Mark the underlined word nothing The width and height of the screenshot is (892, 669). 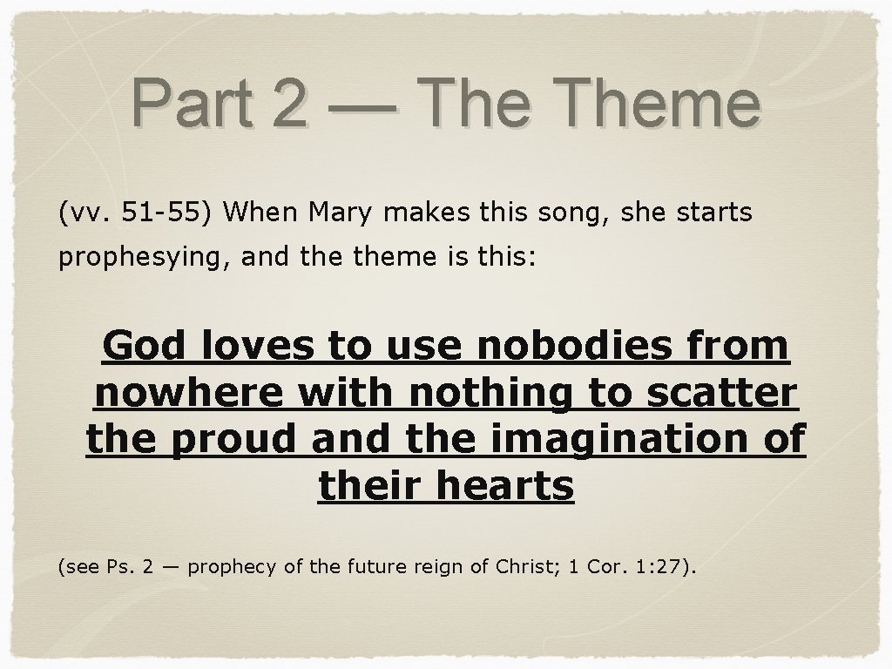tap(494, 394)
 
